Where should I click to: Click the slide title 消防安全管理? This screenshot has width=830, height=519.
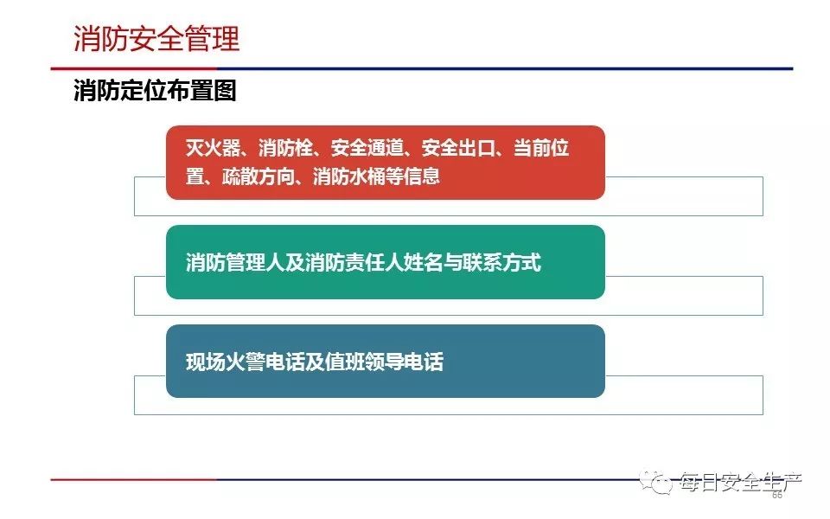(156, 39)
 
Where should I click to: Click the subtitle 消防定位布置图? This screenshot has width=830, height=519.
(155, 90)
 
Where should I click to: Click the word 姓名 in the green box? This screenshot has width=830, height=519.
(424, 263)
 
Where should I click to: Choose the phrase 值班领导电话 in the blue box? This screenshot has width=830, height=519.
(384, 362)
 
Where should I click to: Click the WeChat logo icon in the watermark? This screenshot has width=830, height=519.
(655, 481)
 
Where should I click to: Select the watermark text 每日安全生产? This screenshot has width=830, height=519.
(740, 481)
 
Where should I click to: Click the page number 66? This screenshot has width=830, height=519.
(777, 495)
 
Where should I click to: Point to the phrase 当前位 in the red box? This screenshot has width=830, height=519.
(541, 148)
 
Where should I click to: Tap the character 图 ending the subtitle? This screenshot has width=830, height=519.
(225, 90)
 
